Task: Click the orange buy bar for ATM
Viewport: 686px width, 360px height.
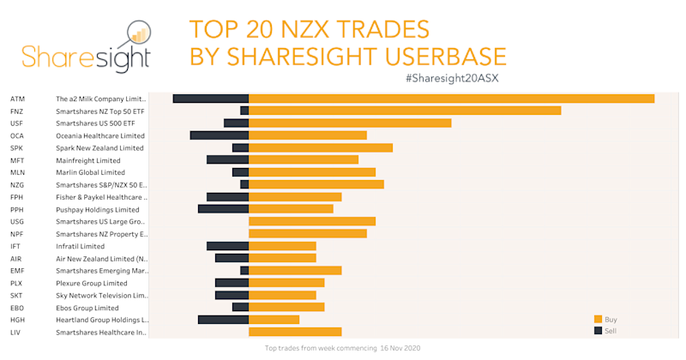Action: [451, 99]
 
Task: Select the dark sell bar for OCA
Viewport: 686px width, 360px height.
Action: [219, 135]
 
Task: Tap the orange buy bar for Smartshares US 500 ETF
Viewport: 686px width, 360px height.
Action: [350, 123]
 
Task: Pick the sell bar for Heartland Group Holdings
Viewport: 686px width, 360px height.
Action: [223, 320]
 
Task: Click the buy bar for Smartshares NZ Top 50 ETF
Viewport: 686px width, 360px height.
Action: [405, 111]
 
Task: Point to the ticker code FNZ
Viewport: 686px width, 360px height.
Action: [17, 111]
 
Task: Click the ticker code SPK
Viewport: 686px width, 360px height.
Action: [16, 147]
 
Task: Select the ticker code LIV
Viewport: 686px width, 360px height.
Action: [15, 332]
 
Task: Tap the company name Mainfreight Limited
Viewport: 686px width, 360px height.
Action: [88, 160]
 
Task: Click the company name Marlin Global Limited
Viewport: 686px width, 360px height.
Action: [90, 172]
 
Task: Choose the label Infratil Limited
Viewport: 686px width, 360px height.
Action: [80, 246]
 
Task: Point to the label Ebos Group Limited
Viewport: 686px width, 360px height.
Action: [87, 308]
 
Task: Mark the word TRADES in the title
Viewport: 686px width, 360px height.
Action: [378, 29]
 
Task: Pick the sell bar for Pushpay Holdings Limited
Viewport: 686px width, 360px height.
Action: [223, 209]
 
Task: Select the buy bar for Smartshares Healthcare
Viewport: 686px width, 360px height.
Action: [295, 332]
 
